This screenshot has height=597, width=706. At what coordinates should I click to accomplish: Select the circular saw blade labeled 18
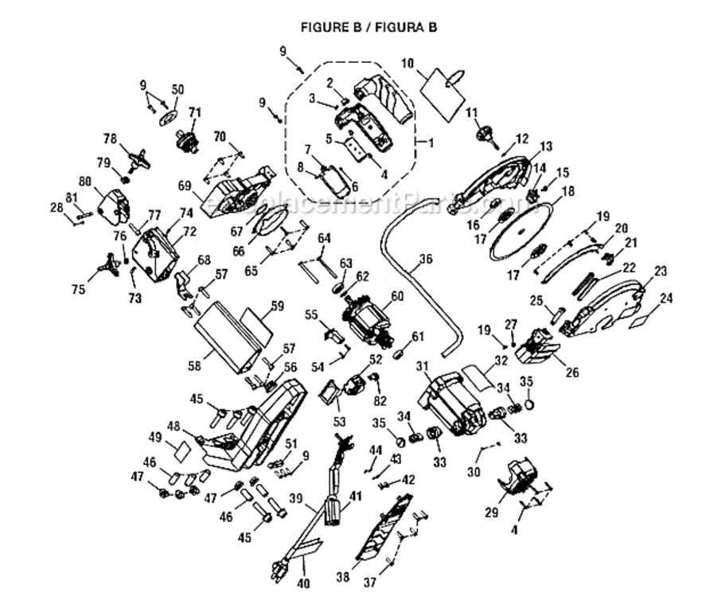pos(520,230)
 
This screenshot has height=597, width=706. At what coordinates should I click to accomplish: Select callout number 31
pos(423,366)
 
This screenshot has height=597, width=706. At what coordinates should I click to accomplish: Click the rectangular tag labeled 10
pos(443,88)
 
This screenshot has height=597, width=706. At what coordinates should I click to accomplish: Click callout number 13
pos(545,146)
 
